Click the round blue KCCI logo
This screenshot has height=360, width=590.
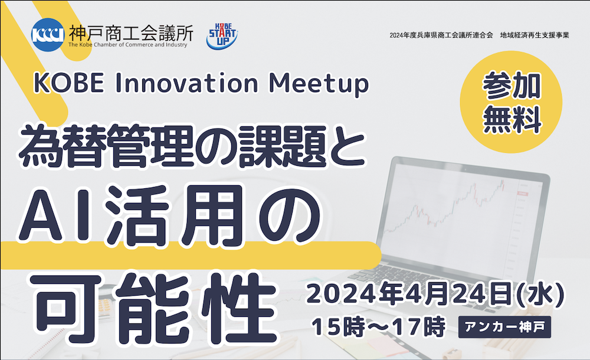pos(48,35)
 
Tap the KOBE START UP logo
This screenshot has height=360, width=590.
pos(222,36)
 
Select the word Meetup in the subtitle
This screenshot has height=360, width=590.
pos(319,84)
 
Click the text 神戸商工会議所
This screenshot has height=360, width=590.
pos(131,33)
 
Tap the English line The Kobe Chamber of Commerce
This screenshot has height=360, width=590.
pos(127,45)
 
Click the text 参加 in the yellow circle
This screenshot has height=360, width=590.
pos(512,85)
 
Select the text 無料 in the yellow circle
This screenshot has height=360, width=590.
pos(512,119)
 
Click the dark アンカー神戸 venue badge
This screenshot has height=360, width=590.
pos(504,326)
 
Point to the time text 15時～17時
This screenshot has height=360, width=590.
pos(378,326)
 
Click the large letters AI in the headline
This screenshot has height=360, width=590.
pos(58,215)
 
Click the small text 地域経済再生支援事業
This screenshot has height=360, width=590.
pos(535,35)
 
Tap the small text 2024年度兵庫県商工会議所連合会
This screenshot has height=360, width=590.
pos(441,35)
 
